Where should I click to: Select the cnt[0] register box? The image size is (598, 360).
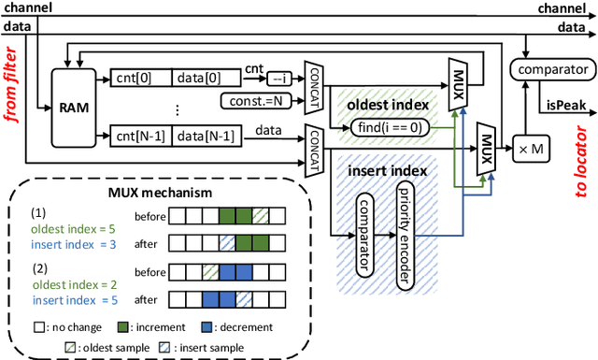133,78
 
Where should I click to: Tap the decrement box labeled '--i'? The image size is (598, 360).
279,79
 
